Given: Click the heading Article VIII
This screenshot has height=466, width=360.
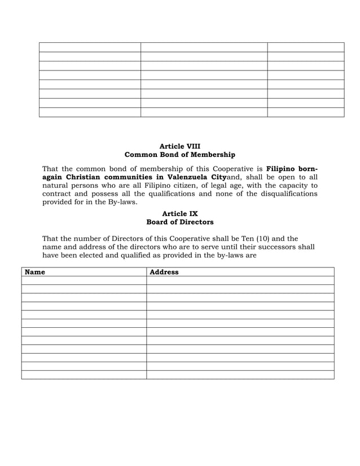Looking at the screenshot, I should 179,146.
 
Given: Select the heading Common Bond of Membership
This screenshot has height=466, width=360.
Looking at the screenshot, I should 179,155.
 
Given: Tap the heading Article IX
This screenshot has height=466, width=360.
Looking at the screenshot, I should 179,214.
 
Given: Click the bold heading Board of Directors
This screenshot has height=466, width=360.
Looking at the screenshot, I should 179,222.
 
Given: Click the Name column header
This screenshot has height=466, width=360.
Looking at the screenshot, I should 35,272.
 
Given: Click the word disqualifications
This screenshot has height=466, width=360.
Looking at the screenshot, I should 288,194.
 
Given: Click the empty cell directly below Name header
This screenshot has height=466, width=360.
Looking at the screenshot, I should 84,280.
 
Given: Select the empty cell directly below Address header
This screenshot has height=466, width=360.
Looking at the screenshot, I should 240,280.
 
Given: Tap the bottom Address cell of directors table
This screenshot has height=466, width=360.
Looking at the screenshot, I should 240,375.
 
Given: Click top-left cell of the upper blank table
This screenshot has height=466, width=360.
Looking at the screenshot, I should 90,47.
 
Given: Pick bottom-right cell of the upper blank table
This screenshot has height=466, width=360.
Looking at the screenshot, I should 305,112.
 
